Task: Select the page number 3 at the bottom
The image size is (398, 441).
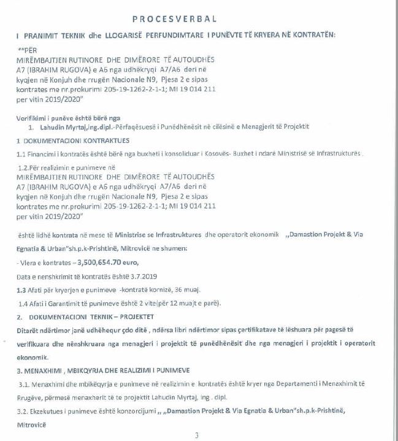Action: pyautogui.click(x=197, y=435)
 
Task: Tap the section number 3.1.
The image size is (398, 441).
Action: pyautogui.click(x=25, y=382)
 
